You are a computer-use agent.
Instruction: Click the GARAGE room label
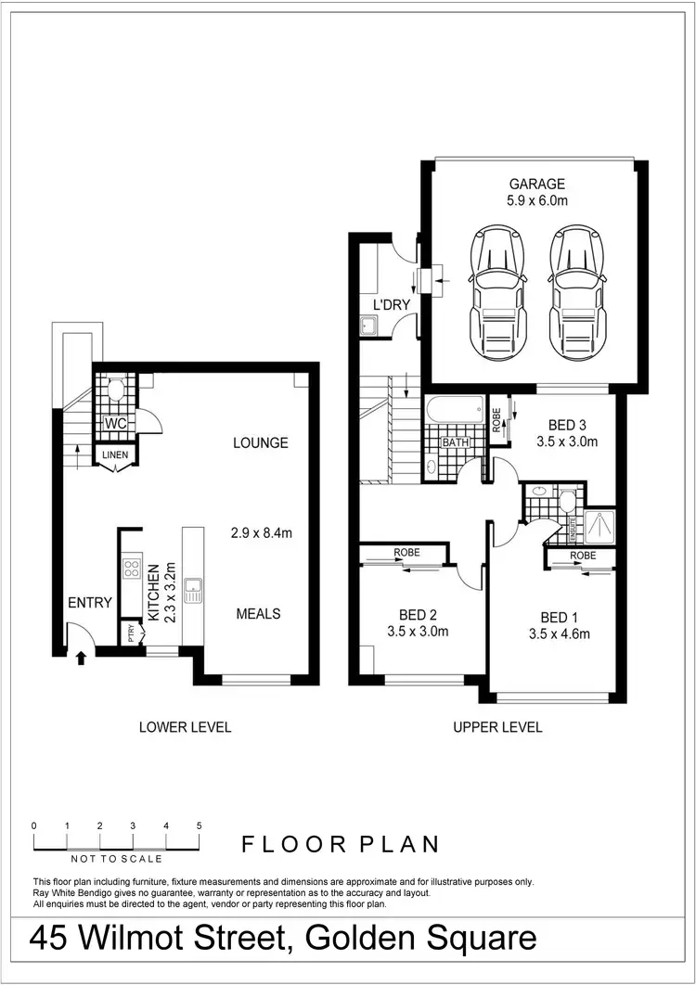coord(536,184)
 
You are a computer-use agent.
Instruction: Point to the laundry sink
coord(368,325)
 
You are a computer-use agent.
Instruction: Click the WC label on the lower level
coord(116,423)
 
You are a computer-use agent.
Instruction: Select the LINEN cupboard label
coord(115,454)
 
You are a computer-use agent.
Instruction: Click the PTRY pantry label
coord(131,634)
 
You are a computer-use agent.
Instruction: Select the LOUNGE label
coord(260,443)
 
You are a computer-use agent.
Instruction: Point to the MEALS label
coord(258,614)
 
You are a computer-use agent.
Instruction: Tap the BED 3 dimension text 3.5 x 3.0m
coord(566,441)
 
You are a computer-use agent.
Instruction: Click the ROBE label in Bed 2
coord(406,553)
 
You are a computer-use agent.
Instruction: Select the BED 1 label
coord(559,617)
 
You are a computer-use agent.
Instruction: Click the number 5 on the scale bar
coord(200,825)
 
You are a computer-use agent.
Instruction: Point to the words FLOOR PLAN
coord(341,844)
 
